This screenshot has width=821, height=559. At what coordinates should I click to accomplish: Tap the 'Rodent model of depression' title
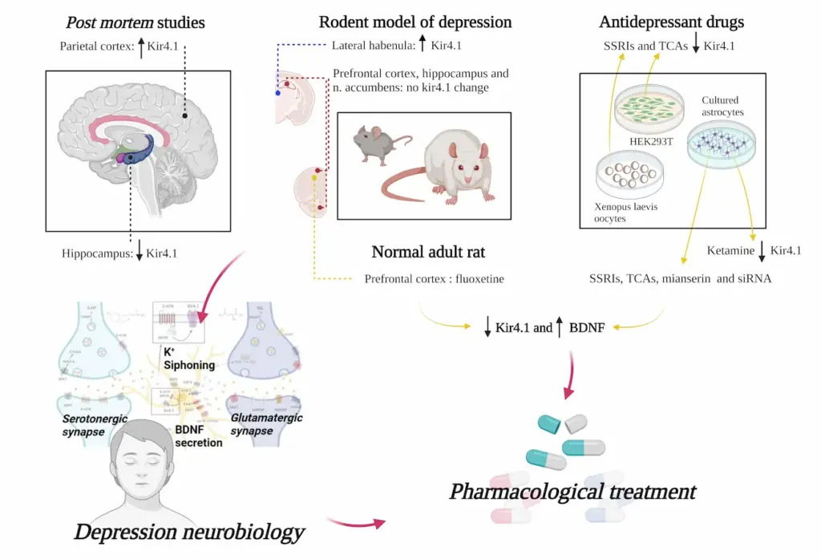click(x=415, y=22)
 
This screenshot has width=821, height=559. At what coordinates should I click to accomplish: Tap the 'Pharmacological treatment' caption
click(x=572, y=491)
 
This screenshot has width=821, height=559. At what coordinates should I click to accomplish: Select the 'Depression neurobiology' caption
click(x=190, y=531)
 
